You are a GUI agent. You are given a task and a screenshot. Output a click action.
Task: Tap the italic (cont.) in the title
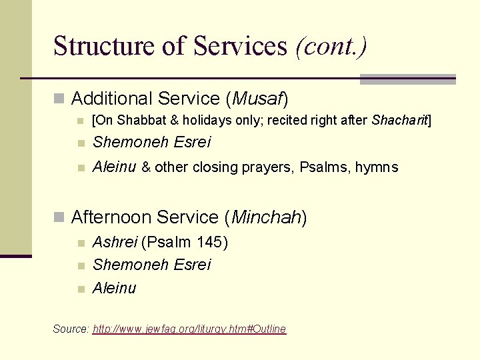331,47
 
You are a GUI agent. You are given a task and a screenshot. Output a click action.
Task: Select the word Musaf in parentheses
257,99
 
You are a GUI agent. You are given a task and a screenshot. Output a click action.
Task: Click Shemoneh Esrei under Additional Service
151,142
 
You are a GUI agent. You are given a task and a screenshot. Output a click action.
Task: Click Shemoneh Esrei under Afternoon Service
151,265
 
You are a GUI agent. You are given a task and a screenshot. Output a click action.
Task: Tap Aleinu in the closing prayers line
114,167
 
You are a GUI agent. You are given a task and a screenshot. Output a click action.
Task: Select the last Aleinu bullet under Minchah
114,288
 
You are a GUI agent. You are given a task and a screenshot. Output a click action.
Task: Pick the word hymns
377,167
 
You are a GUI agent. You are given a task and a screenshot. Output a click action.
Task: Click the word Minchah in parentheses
266,217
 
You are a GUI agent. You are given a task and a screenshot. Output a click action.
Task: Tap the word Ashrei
115,242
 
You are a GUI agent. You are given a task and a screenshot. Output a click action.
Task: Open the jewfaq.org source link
189,329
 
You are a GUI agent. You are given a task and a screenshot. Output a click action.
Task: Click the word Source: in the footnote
71,329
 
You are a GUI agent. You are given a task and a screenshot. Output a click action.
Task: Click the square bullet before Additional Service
59,99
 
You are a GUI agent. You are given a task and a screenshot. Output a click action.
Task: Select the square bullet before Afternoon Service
59,218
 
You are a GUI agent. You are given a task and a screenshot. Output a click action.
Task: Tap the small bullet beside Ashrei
80,243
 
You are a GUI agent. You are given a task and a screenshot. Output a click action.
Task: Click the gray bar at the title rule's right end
407,79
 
